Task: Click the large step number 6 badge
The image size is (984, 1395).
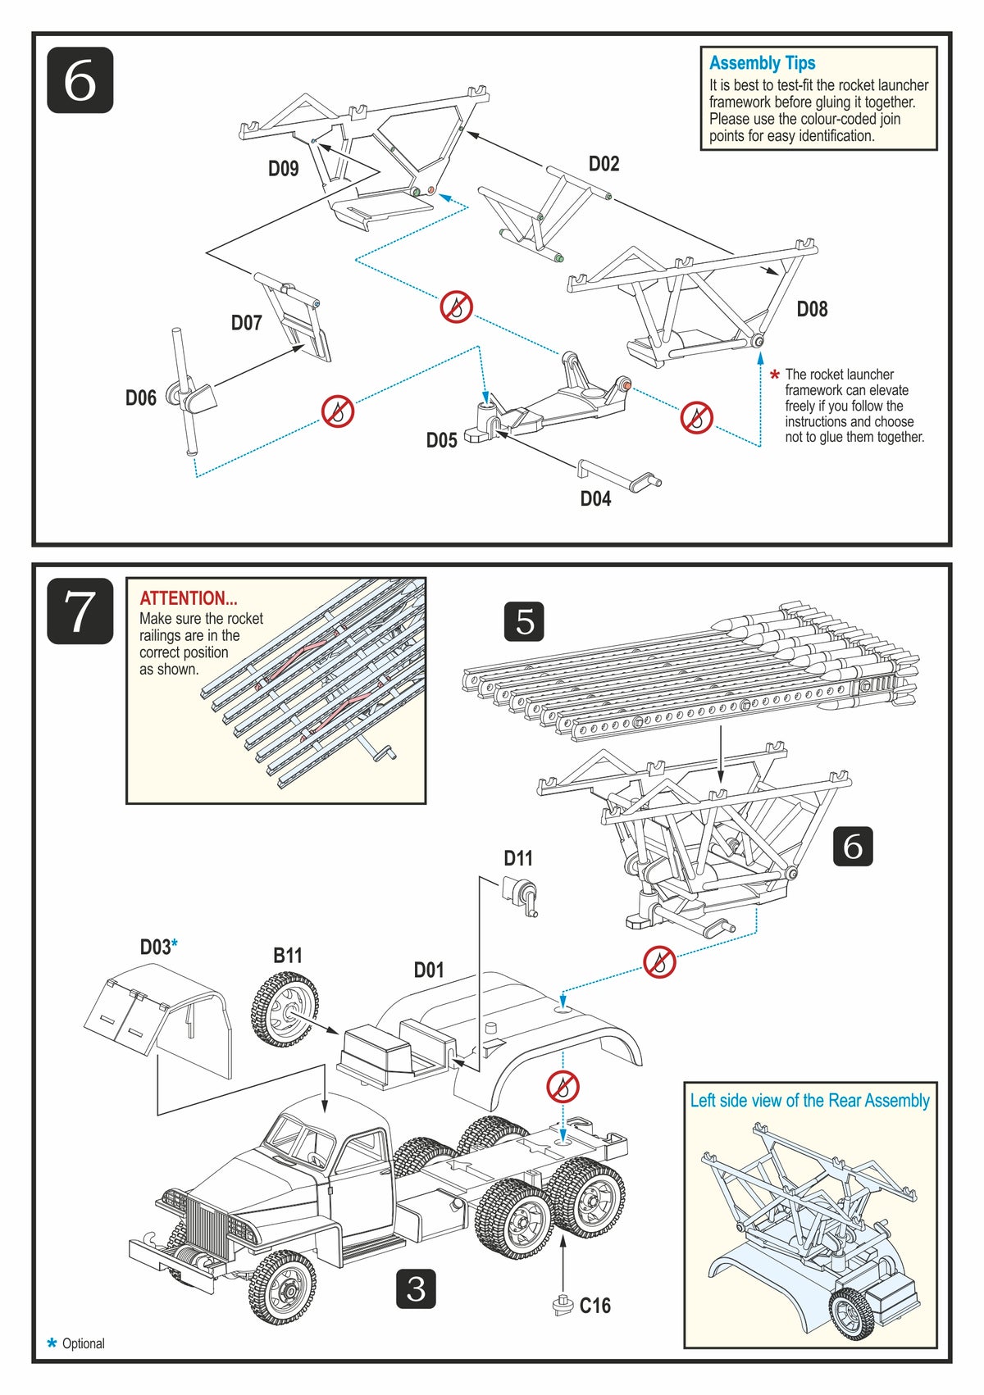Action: click(80, 80)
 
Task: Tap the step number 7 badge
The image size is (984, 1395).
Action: click(80, 611)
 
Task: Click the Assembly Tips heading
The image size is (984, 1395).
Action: click(762, 63)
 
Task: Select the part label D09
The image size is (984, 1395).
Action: click(284, 169)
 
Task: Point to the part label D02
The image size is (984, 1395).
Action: click(604, 164)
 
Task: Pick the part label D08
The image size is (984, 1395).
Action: click(812, 309)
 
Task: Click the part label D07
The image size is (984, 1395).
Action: click(246, 323)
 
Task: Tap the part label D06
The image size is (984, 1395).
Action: click(141, 398)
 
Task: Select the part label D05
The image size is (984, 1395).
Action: click(441, 441)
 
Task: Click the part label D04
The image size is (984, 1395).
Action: click(595, 499)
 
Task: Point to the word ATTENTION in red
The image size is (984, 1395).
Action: click(189, 598)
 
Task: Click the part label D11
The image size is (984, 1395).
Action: click(518, 858)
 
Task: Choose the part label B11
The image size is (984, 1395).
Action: click(288, 956)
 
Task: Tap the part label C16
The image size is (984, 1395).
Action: click(595, 1306)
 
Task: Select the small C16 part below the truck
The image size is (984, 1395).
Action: click(562, 1303)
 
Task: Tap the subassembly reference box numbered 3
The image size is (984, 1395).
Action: click(416, 1289)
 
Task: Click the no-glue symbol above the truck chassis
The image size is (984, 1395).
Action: click(563, 1088)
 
